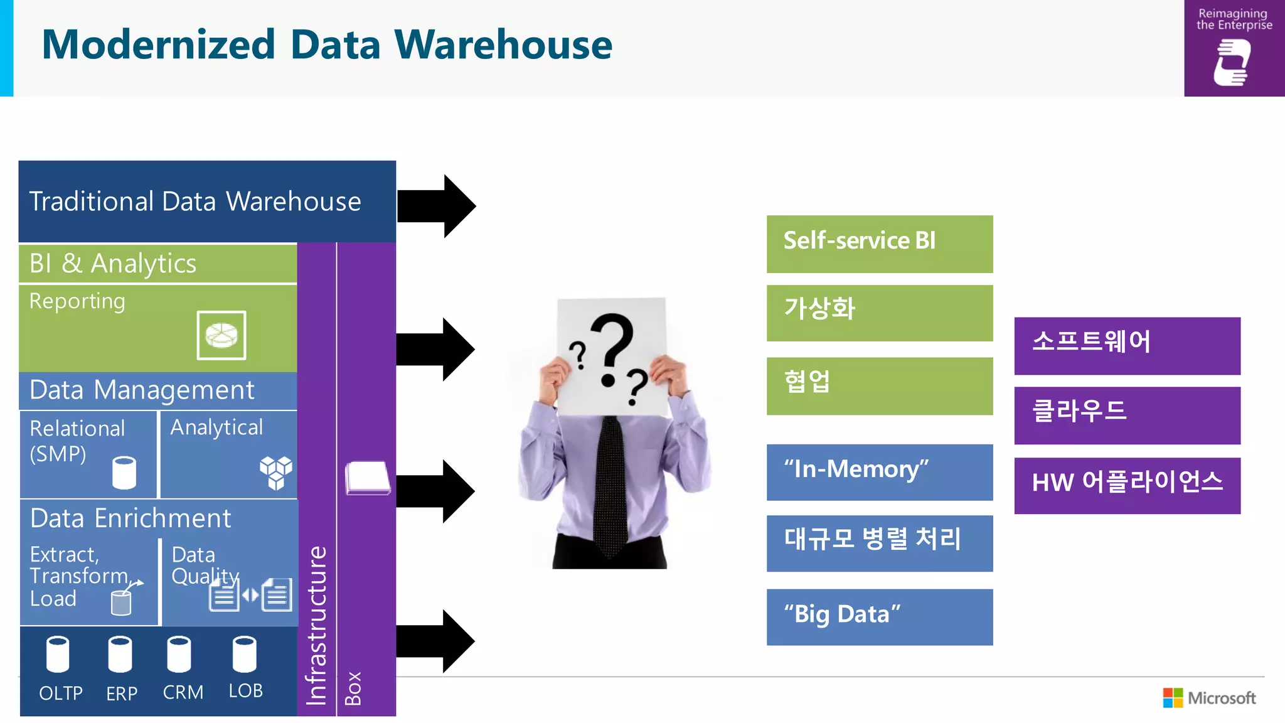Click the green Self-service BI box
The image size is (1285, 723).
(879, 244)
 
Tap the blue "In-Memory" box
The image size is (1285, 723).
(879, 472)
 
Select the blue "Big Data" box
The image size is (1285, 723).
(879, 616)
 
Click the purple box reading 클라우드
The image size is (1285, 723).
(1127, 415)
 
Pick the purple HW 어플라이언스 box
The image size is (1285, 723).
(1127, 485)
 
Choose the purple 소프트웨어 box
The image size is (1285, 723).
(1127, 345)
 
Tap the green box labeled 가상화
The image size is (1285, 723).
(879, 313)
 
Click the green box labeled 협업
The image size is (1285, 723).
(879, 385)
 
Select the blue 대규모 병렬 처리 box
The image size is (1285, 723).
(879, 543)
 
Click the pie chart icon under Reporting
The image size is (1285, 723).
(221, 335)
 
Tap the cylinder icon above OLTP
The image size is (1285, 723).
(58, 654)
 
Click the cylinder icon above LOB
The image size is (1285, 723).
(244, 654)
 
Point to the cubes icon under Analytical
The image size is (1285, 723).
(276, 472)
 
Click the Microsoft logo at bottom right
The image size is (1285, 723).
(1209, 698)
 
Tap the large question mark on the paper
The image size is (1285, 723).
(612, 348)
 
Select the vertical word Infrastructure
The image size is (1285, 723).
(317, 624)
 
